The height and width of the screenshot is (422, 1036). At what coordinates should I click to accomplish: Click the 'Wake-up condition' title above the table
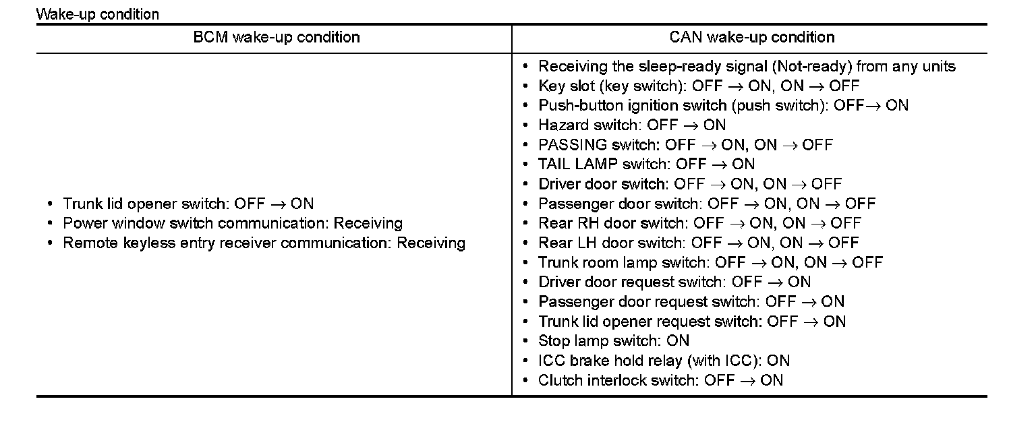click(98, 14)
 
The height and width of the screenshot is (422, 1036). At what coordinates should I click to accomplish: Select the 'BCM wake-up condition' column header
click(277, 37)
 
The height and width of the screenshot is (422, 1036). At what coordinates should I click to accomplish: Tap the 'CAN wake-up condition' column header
click(752, 37)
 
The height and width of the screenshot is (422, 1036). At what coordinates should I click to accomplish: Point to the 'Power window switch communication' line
click(233, 223)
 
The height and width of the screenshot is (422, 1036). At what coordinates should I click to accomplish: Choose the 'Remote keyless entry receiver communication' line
click(264, 243)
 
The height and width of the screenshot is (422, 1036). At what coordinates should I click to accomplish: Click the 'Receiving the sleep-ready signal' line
click(747, 66)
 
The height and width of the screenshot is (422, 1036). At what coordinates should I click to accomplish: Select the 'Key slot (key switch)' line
click(699, 86)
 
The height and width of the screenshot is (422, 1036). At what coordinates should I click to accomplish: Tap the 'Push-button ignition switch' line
click(723, 105)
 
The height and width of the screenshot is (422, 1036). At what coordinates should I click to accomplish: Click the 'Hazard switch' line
click(632, 125)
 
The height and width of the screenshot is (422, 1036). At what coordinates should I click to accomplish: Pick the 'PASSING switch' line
click(685, 144)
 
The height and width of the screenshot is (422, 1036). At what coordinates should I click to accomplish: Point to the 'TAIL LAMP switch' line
click(646, 164)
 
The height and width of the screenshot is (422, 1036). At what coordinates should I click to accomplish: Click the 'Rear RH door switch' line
click(699, 223)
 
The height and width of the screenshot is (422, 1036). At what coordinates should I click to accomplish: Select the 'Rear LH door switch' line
click(699, 243)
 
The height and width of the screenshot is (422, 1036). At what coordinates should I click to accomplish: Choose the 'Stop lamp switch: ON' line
click(614, 340)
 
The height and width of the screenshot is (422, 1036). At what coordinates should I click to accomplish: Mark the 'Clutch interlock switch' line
click(660, 380)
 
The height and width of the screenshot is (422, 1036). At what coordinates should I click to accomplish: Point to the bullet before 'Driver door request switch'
click(526, 282)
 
